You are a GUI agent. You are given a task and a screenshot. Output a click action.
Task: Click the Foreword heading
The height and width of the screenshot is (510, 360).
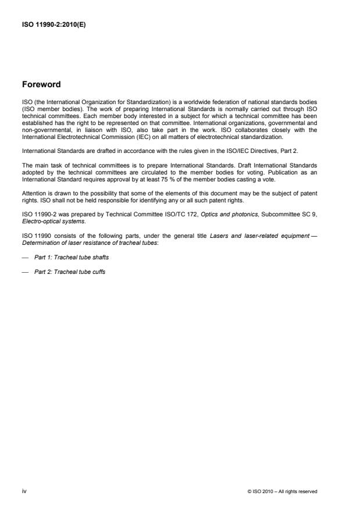pyautogui.click(x=41, y=84)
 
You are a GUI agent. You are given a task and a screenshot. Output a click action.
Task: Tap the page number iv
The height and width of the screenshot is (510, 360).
pyautogui.click(x=24, y=491)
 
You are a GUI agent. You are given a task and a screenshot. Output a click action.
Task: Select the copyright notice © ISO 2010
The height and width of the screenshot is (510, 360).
pyautogui.click(x=282, y=491)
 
